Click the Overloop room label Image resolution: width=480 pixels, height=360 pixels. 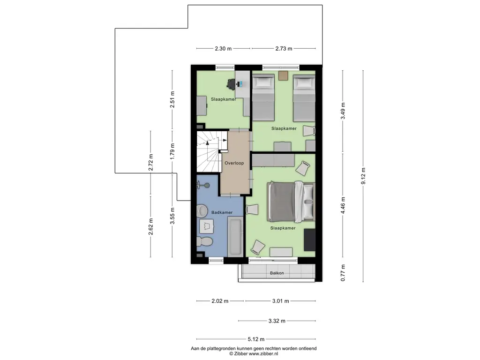point(234,163)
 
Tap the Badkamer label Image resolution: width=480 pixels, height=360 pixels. point(222,212)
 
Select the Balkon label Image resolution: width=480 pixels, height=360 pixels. point(277,273)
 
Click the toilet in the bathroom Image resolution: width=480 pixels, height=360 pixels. point(204,241)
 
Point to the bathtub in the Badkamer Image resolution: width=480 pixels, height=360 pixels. point(235,236)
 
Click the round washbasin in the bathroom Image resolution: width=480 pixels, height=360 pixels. point(202,210)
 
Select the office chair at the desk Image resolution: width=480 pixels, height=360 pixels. point(231,83)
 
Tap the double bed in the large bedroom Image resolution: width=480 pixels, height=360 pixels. point(291,202)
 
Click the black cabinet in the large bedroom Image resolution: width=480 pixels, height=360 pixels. point(309,240)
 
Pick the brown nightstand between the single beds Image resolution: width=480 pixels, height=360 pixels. point(283,75)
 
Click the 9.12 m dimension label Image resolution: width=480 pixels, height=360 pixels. point(363,176)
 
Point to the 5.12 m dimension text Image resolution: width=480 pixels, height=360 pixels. point(256,339)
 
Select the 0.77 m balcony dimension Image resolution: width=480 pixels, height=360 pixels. point(343,273)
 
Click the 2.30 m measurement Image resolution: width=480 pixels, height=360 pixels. point(223,48)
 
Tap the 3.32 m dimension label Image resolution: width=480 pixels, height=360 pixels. point(277,321)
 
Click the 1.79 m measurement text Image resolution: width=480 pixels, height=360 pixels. point(172,151)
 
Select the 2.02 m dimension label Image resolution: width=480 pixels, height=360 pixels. point(220,301)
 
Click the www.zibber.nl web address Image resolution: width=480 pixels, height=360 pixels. point(263,353)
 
